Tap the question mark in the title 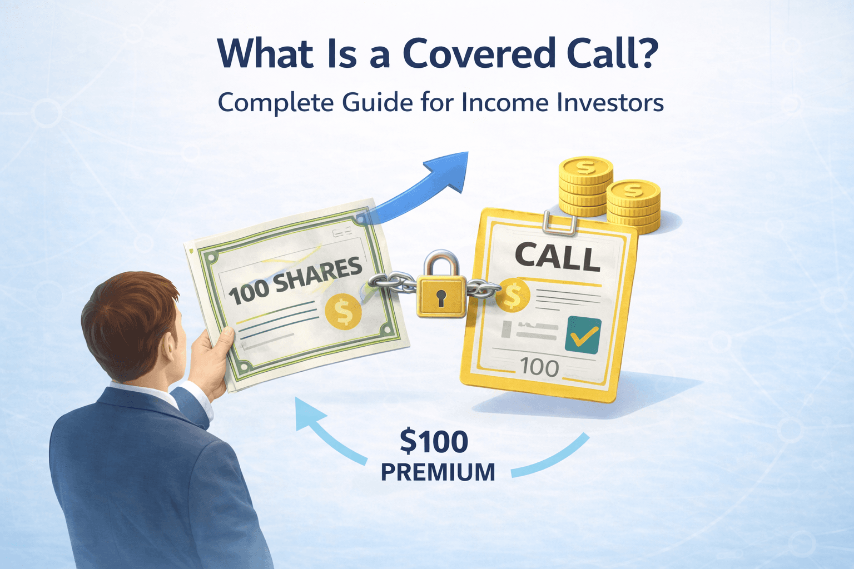(x=644, y=53)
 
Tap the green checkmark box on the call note (x=582, y=335)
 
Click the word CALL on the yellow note (x=557, y=257)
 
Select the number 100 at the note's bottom (x=539, y=367)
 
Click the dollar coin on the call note (x=512, y=296)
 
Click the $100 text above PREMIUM (x=434, y=442)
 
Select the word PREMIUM (x=438, y=472)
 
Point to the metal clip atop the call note (x=560, y=221)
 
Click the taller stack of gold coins (x=585, y=186)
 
